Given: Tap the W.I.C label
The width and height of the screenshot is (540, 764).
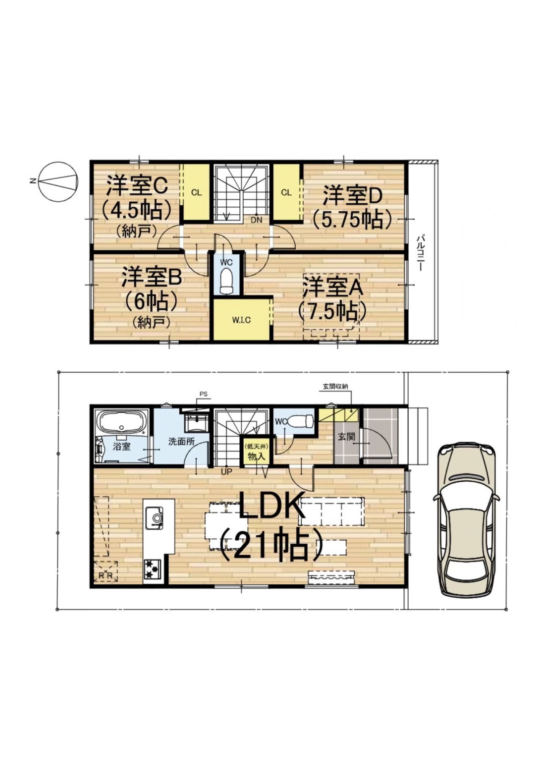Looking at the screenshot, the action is pos(241,320).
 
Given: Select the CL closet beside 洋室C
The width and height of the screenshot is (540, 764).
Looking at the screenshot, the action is pos(196,192).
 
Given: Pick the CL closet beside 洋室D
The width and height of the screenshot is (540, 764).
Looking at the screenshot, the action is pos(286,192).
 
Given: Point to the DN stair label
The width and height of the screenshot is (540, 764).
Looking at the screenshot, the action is pos(256,220).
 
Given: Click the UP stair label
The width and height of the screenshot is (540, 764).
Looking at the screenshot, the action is pos(226,472).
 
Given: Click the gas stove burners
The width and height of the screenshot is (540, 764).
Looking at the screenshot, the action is pos(153,570).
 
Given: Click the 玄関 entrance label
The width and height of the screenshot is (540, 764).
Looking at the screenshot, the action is pos(346,437).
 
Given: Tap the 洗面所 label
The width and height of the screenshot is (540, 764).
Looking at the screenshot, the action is pos(181,441).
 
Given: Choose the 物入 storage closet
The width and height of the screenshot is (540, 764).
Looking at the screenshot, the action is pos(254,452).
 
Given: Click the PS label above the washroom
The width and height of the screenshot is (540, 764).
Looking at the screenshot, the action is pos(203,394).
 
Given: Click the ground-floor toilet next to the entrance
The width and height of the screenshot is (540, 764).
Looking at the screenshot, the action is pos(299,421).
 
